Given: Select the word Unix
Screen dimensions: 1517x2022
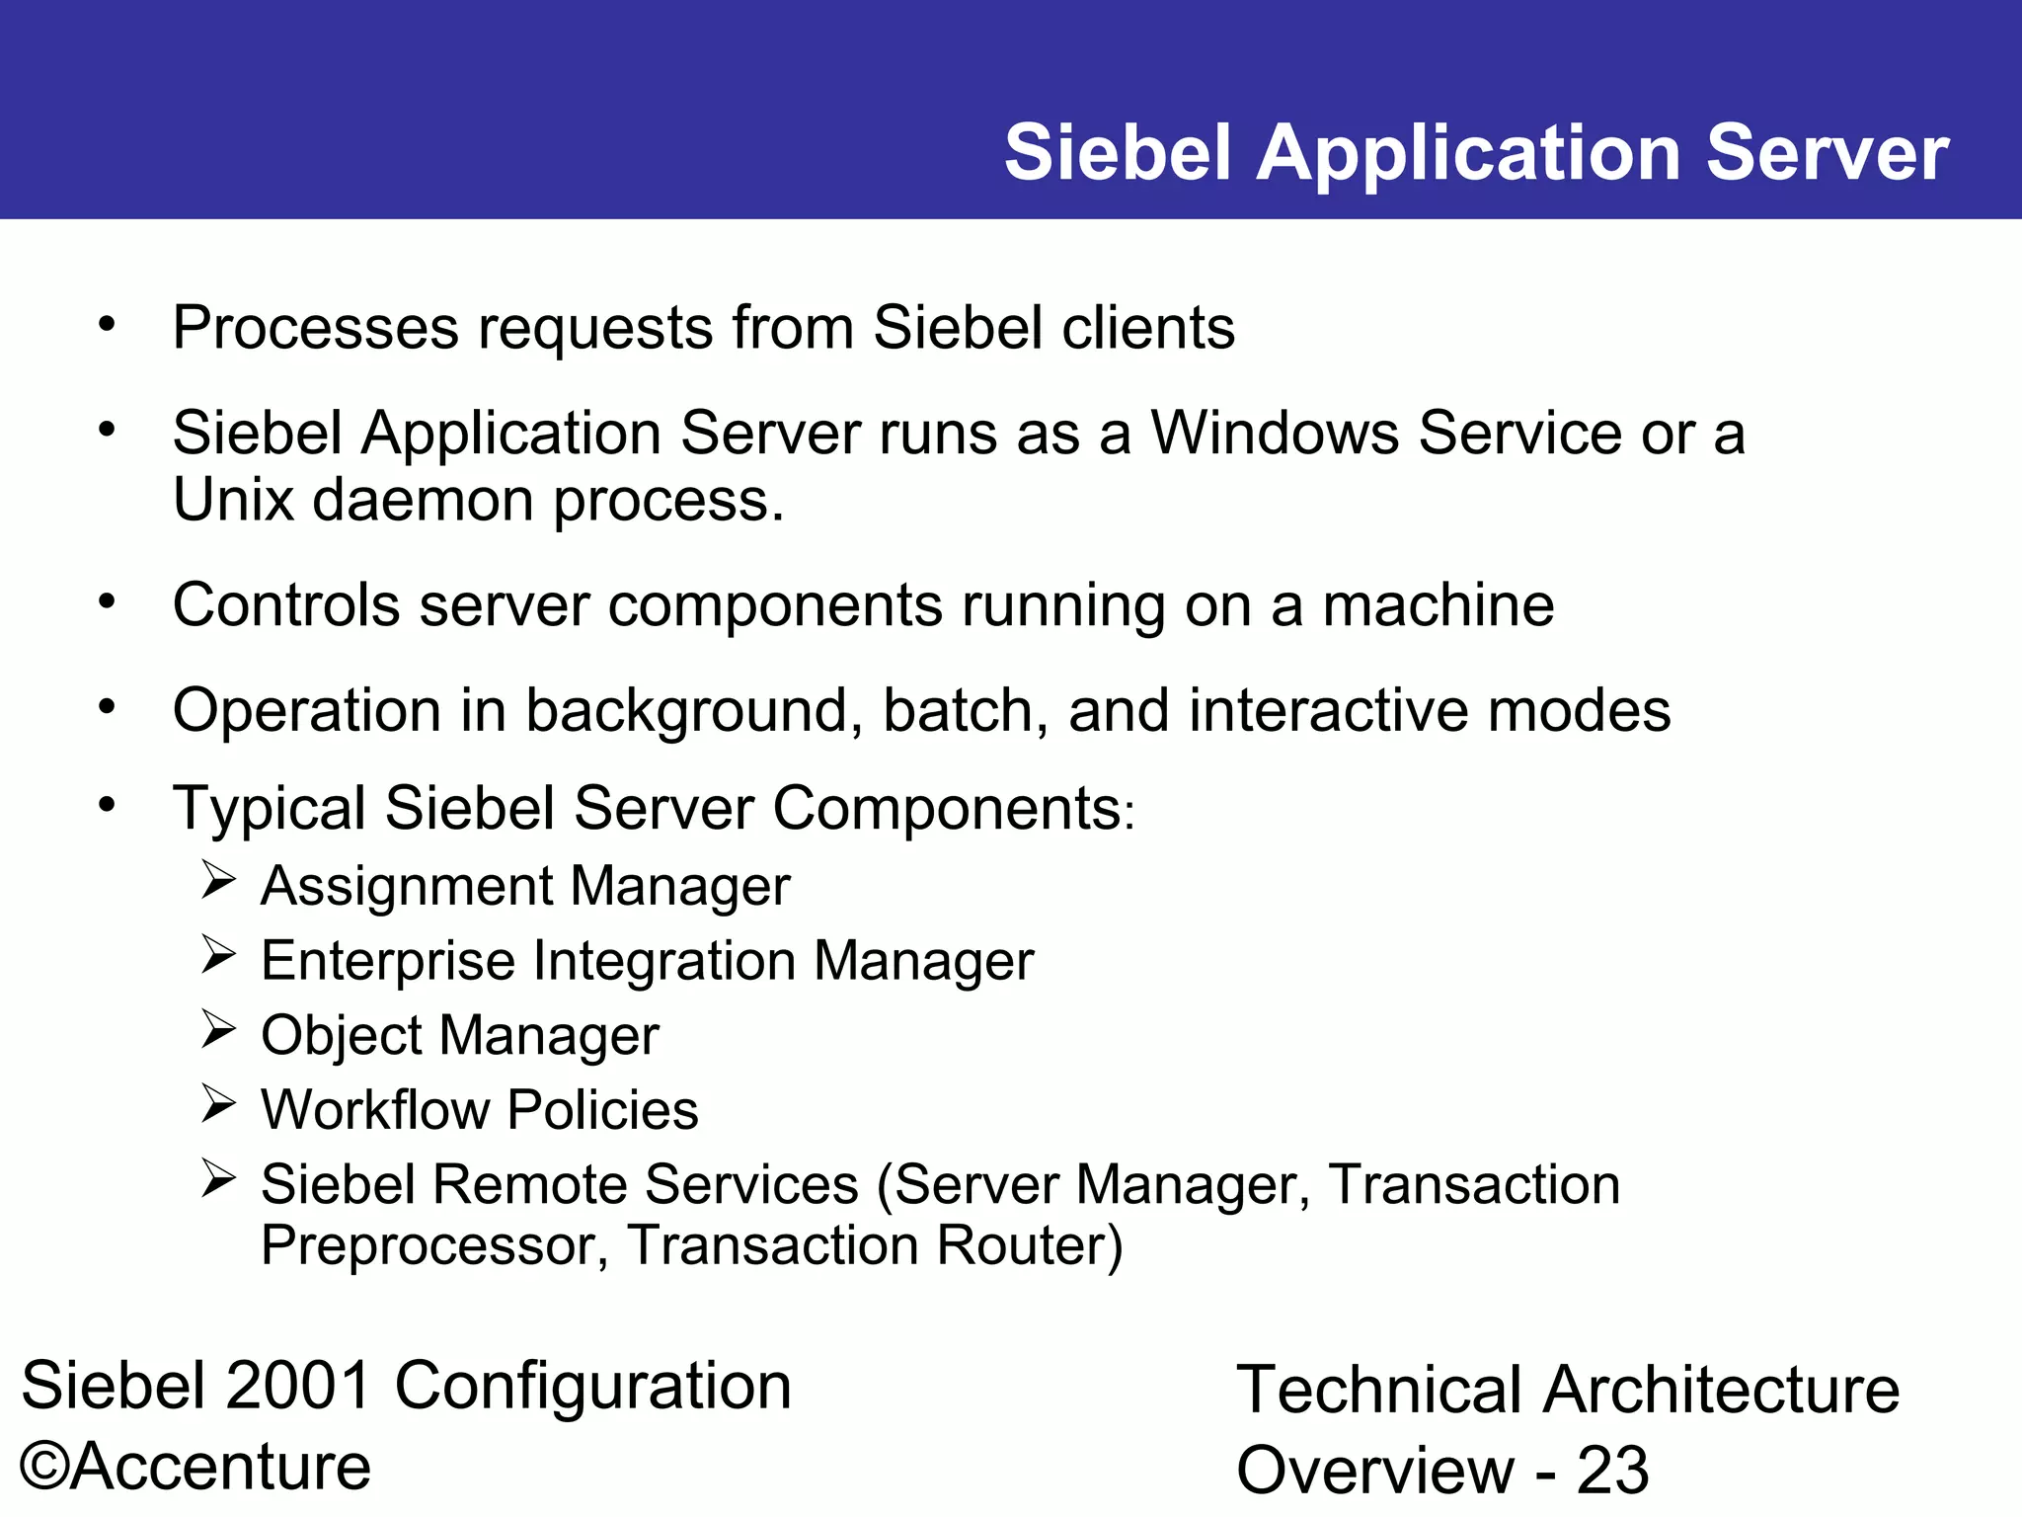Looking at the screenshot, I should [x=233, y=501].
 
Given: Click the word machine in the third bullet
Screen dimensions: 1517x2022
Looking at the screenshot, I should [x=1438, y=605].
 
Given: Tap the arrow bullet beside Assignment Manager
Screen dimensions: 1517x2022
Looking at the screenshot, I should [x=218, y=879].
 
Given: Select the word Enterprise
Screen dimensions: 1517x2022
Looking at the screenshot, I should [x=388, y=962].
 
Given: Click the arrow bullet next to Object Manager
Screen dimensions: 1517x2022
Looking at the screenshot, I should [x=218, y=1029].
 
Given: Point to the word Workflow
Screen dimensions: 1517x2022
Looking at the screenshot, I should [x=375, y=1110].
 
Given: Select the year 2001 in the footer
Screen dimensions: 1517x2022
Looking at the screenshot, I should [x=298, y=1387].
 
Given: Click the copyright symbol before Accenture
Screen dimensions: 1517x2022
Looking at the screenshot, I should [x=43, y=1467].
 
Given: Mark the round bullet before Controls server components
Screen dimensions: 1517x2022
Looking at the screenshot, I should [x=108, y=601].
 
